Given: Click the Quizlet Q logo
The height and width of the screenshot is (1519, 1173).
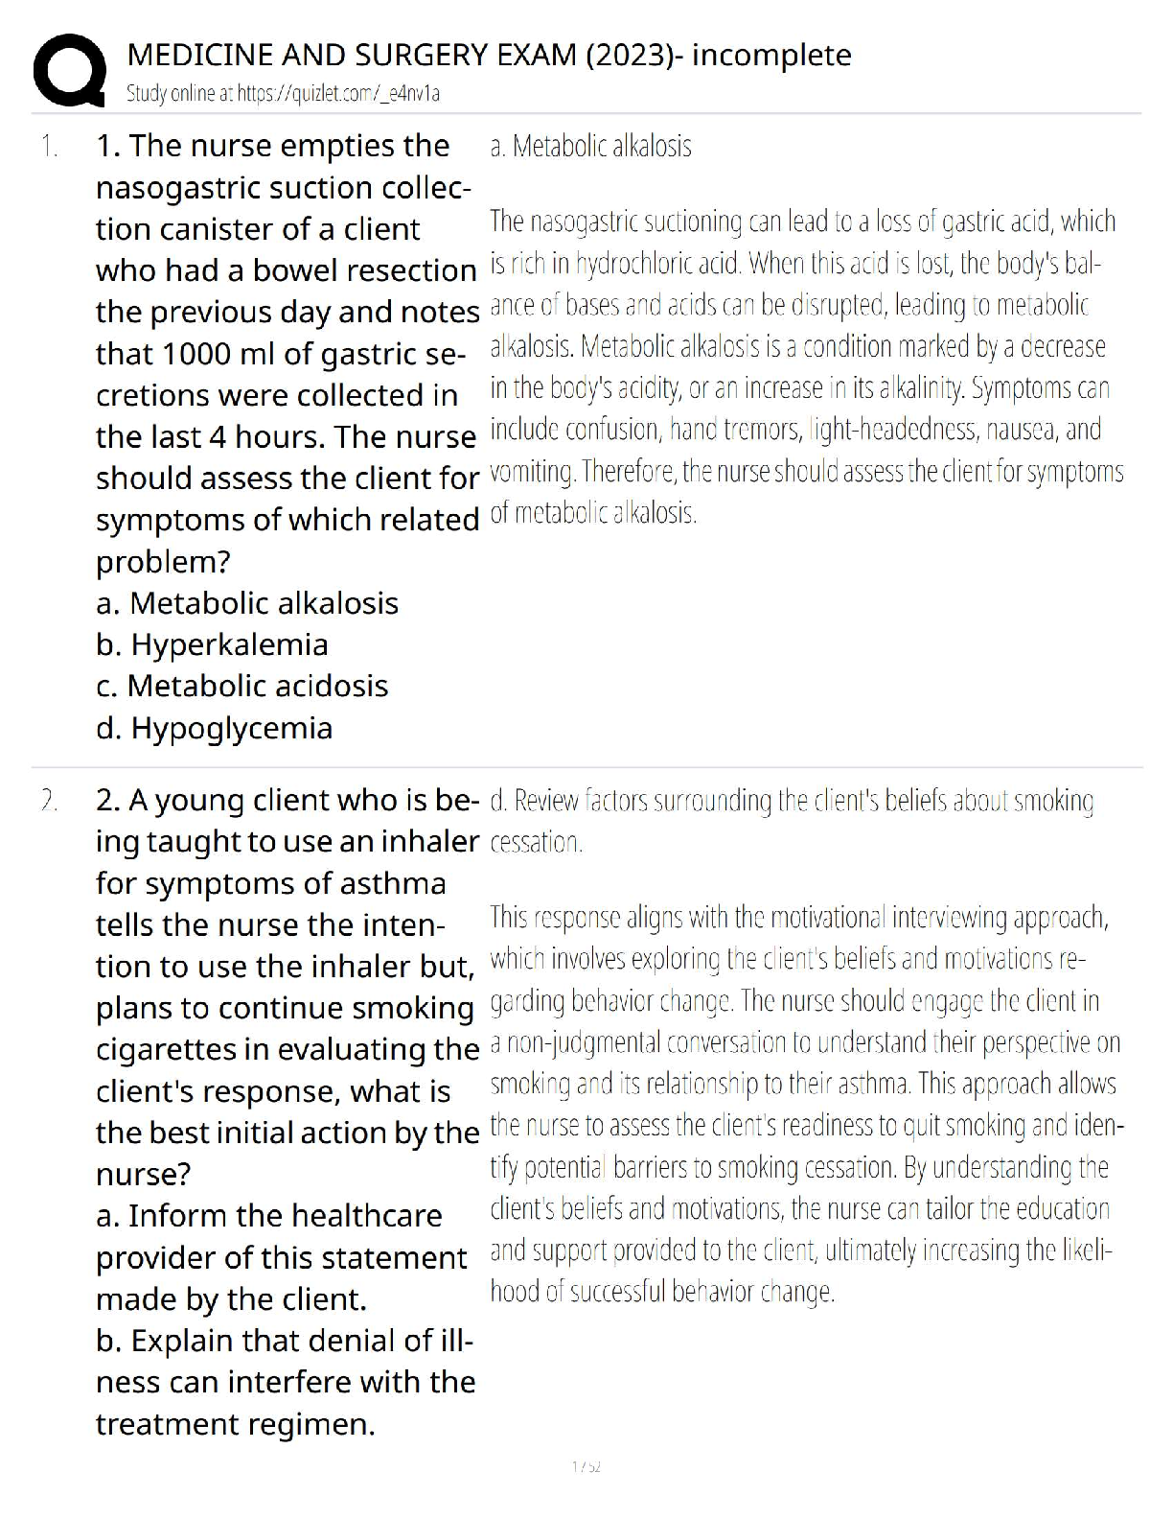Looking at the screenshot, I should pos(68,70).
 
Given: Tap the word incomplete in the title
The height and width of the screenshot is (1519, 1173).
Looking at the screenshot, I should pos(771,56).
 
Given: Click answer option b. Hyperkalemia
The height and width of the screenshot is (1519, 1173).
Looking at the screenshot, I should pos(212,644).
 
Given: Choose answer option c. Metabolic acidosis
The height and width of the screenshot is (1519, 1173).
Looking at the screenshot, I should pos(242,686).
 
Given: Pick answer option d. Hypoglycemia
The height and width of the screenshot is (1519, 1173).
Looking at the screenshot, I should pos(214,728).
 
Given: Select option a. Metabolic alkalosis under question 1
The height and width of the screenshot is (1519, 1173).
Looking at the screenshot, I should pos(247,603).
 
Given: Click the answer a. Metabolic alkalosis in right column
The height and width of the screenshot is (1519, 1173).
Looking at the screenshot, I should pos(590,147).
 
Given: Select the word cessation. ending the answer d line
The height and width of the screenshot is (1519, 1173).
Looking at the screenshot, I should pos(536,843).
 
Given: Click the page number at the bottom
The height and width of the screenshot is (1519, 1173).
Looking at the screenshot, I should pos(586,1467).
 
